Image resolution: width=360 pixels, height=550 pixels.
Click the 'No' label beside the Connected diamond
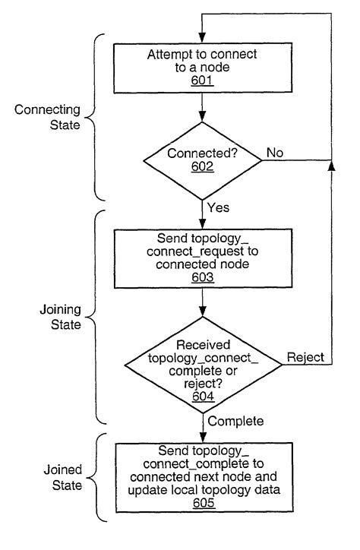coord(274,153)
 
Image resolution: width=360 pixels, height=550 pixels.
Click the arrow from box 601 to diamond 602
coord(202,111)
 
